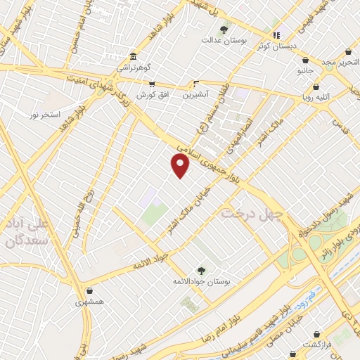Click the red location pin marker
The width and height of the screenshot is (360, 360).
tap(181, 166)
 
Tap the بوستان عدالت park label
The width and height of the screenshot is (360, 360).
tap(224, 42)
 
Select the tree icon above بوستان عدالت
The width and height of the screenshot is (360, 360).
tap(224, 30)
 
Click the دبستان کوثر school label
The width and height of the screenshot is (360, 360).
tap(276, 46)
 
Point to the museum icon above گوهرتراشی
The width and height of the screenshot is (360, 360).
tap(133, 56)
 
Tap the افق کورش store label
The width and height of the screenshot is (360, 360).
tap(150, 94)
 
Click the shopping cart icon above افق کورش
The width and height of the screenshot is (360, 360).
tap(150, 84)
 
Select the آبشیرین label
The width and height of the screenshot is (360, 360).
tap(195, 94)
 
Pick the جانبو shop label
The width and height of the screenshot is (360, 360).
tap(305, 71)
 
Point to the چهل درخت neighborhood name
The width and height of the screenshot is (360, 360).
tap(251, 212)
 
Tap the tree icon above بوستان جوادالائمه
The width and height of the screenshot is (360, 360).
tap(202, 269)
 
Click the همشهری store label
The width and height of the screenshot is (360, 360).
tap(89, 302)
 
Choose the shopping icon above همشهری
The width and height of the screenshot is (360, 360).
tap(89, 290)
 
